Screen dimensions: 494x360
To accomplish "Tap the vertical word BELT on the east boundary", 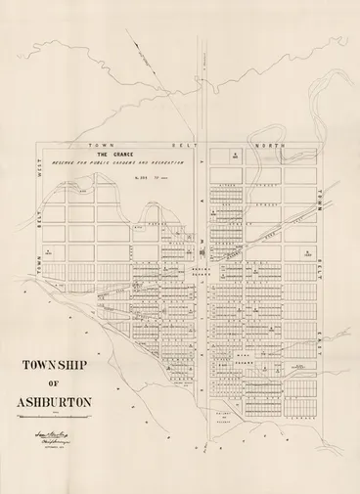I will (x=319, y=267).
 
